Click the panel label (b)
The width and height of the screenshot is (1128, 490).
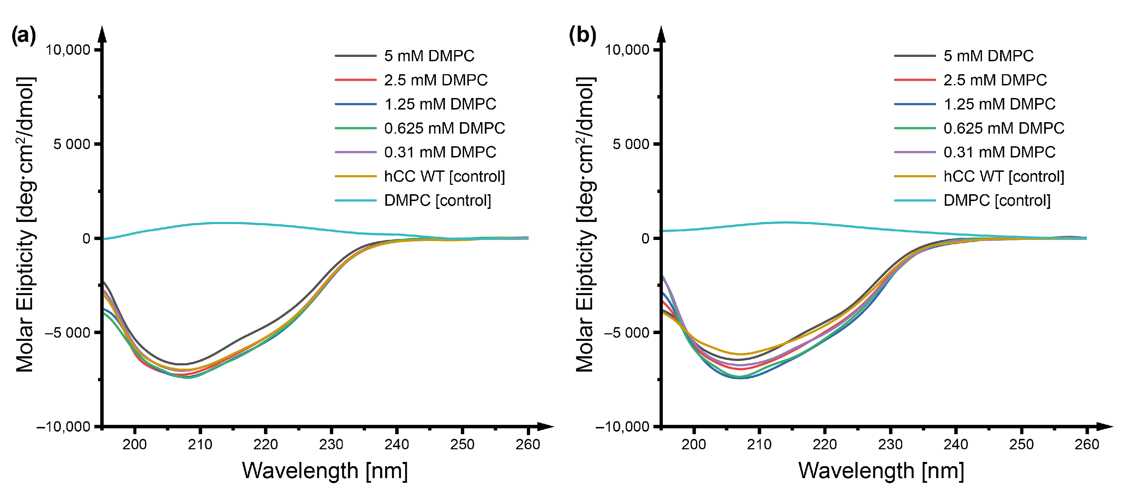(582, 35)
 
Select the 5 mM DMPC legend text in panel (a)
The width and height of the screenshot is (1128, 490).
(429, 56)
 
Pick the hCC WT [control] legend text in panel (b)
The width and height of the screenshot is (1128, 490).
(1003, 176)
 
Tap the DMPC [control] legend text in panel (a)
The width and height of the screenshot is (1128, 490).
(437, 200)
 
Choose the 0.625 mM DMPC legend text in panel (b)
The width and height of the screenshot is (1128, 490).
(1003, 128)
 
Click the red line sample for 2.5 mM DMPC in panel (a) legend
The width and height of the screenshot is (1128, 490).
(355, 80)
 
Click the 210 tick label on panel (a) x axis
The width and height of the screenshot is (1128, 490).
(200, 445)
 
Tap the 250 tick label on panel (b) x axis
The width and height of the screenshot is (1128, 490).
(1021, 445)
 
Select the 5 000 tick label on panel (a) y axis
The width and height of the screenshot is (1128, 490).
(71, 144)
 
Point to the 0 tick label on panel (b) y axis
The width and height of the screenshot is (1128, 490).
(645, 239)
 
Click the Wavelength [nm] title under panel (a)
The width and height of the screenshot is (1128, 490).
(325, 471)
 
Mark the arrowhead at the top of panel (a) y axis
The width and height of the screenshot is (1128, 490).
(102, 34)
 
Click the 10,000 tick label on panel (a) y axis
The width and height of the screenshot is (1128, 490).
(67, 50)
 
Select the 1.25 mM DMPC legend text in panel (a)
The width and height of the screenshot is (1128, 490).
(440, 104)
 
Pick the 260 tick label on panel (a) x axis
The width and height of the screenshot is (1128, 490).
(527, 445)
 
